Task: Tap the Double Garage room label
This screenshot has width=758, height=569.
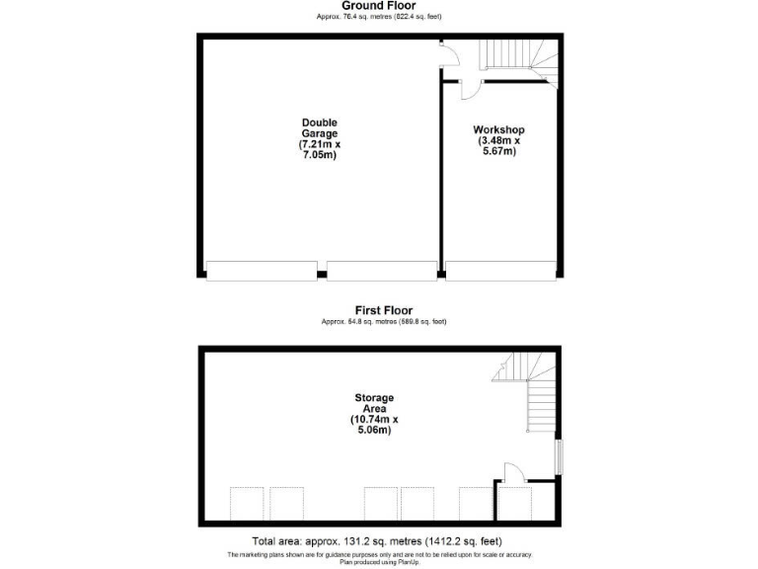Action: pyautogui.click(x=320, y=128)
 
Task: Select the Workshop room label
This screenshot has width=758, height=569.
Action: pyautogui.click(x=498, y=130)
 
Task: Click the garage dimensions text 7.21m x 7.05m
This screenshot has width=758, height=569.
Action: pyautogui.click(x=320, y=150)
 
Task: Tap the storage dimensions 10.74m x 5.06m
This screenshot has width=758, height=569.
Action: pyautogui.click(x=374, y=425)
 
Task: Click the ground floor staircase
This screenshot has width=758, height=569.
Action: pyautogui.click(x=519, y=56)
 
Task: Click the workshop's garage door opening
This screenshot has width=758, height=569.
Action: pyautogui.click(x=501, y=270)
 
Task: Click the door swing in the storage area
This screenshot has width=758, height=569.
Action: pyautogui.click(x=514, y=472)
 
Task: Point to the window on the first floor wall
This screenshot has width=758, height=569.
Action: pyautogui.click(x=559, y=455)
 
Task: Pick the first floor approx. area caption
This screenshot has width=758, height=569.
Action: pyautogui.click(x=384, y=322)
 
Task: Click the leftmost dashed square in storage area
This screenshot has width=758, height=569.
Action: pyautogui.click(x=248, y=504)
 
